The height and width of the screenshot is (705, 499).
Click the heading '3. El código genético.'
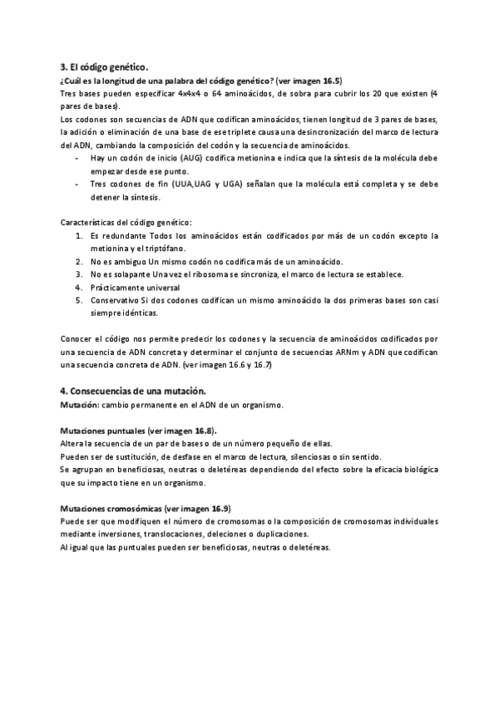[105, 65]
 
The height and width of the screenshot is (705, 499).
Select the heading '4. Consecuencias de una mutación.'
[138, 390]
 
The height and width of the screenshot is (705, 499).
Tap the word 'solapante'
[133, 274]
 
